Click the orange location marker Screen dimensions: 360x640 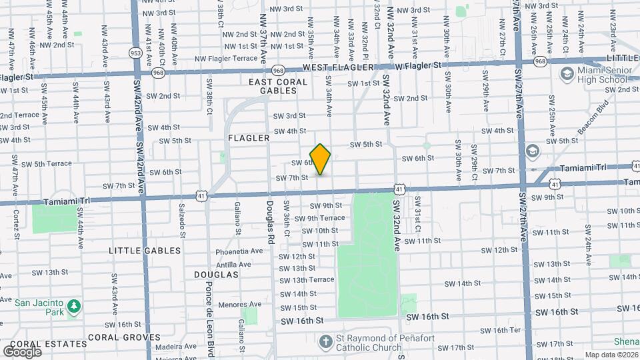click(x=321, y=159)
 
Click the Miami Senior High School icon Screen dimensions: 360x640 click(x=567, y=73)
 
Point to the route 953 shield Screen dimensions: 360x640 click(x=135, y=53)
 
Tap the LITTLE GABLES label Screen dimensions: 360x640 click(x=145, y=251)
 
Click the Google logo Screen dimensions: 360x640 click(x=23, y=351)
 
